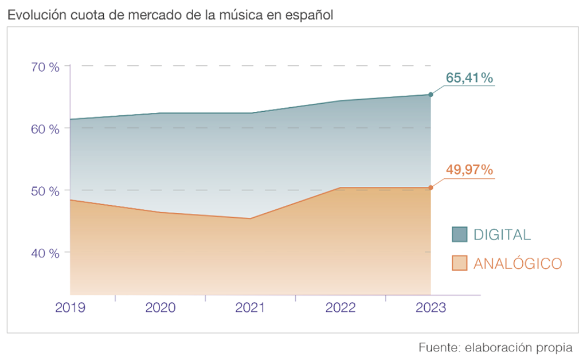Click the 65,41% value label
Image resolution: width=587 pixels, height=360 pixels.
pos(469,79)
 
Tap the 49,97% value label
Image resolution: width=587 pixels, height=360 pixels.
pos(469,170)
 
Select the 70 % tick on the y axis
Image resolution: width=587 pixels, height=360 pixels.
pos(45,66)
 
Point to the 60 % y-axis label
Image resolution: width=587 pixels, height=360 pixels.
pos(45,128)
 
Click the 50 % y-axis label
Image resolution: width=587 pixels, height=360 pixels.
pos(45,190)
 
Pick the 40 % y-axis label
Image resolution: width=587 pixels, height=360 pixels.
pos(45,252)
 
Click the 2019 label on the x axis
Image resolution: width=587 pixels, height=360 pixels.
pos(70,307)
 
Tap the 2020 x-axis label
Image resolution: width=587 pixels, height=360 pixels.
pos(161,307)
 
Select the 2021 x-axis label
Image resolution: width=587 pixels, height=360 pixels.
pos(251,307)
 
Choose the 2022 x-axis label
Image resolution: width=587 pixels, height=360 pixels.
pos(341,307)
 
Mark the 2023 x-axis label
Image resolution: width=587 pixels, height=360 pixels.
pos(431,307)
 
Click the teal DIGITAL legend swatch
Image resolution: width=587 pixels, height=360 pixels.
pos(460,234)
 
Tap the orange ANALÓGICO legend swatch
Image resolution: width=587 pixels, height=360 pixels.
pos(460,263)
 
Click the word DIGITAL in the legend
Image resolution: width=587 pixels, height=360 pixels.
pos(502,234)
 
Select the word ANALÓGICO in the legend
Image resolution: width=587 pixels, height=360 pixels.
pos(517,264)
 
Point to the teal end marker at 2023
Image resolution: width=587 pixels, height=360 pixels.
pos(431,95)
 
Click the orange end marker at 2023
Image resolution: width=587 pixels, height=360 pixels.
pos(431,187)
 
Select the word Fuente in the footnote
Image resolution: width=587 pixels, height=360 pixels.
pos(437,347)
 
